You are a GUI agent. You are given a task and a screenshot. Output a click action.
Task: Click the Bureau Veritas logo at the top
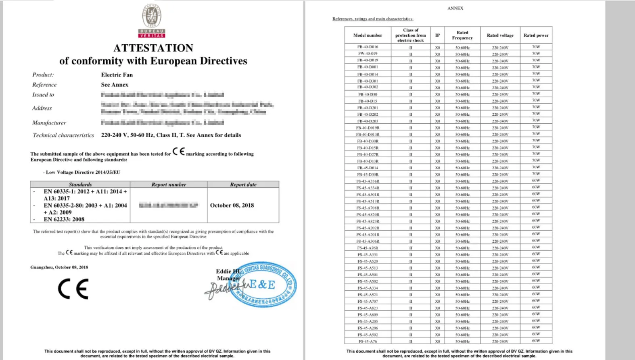pyautogui.click(x=152, y=21)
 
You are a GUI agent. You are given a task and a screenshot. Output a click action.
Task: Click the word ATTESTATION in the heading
pyautogui.click(x=153, y=48)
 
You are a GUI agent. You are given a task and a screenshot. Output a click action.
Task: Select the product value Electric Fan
pyautogui.click(x=117, y=75)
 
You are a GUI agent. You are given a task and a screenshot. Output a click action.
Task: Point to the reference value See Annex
pyautogui.click(x=115, y=85)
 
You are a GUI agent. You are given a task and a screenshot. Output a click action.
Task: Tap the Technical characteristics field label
pyautogui.click(x=63, y=135)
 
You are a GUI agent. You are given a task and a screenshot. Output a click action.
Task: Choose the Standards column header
pyautogui.click(x=80, y=185)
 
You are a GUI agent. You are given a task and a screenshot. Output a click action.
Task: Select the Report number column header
pyautogui.click(x=169, y=185)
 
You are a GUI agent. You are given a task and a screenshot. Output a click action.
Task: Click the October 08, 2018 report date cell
pyautogui.click(x=232, y=205)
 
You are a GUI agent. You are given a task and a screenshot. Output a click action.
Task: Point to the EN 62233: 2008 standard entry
pyautogui.click(x=64, y=219)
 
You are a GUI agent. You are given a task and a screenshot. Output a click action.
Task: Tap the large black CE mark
pyautogui.click(x=73, y=289)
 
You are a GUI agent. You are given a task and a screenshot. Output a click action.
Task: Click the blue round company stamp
pyautogui.click(x=266, y=284)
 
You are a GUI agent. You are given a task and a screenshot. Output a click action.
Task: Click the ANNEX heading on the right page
pyautogui.click(x=455, y=8)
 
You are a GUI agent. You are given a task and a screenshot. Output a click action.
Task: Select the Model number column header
pyautogui.click(x=368, y=35)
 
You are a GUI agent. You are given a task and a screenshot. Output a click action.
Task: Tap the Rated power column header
pyautogui.click(x=536, y=35)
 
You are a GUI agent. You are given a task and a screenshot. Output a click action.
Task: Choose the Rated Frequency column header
pyautogui.click(x=462, y=35)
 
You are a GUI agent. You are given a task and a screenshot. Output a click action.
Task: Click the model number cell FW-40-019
pyautogui.click(x=368, y=54)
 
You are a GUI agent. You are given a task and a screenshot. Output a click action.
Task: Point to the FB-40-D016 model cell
pyautogui.click(x=368, y=47)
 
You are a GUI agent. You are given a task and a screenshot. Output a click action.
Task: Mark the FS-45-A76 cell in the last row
pyautogui.click(x=368, y=341)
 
